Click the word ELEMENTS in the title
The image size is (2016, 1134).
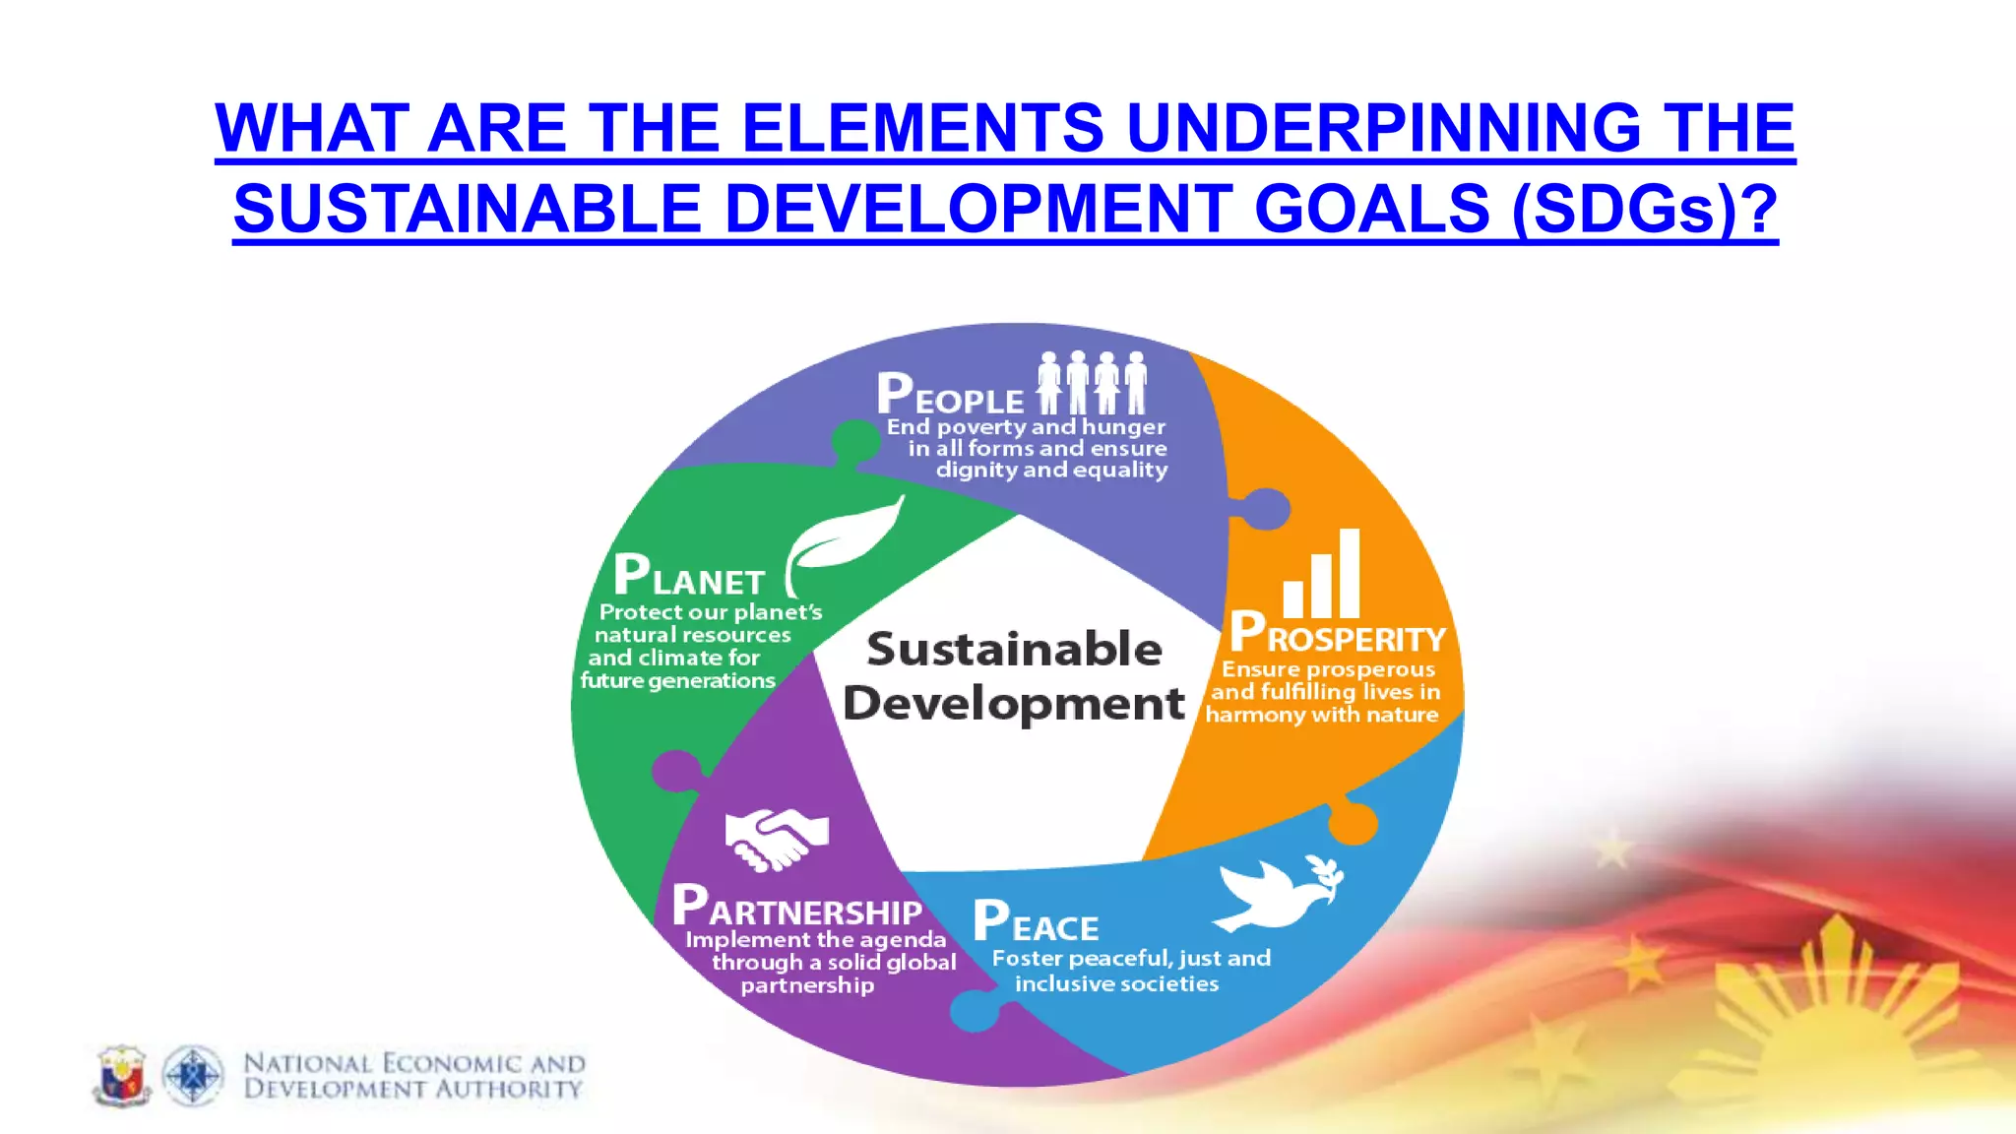pyautogui.click(x=922, y=129)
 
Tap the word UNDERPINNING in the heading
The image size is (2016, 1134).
pyautogui.click(x=1383, y=129)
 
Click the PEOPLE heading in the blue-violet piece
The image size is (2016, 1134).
pyautogui.click(x=950, y=396)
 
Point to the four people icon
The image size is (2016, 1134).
pyautogui.click(x=1092, y=383)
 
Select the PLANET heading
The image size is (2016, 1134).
pyautogui.click(x=689, y=577)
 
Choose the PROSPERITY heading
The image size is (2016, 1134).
pyautogui.click(x=1338, y=635)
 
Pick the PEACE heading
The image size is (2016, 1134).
pyautogui.click(x=1036, y=923)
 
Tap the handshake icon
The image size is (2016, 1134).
pyautogui.click(x=776, y=839)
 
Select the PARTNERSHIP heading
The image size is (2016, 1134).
pyautogui.click(x=797, y=908)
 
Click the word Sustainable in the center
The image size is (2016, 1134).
pyautogui.click(x=1014, y=650)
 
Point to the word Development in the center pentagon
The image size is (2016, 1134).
pyautogui.click(x=1014, y=704)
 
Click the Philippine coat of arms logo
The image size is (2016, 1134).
pyautogui.click(x=122, y=1076)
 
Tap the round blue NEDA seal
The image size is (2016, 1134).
pyautogui.click(x=193, y=1076)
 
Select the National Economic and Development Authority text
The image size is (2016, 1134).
pyautogui.click(x=413, y=1076)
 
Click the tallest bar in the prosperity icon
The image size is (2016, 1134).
pyautogui.click(x=1349, y=573)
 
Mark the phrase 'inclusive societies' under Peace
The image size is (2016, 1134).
pyautogui.click(x=1116, y=983)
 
